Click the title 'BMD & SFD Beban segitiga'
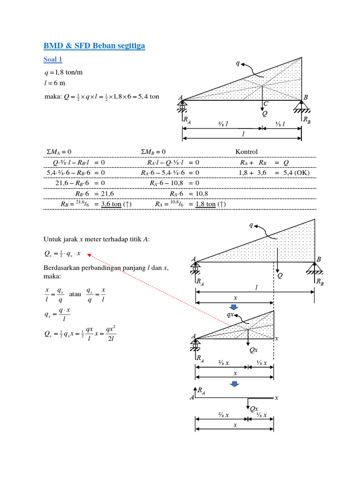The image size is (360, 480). click(95, 45)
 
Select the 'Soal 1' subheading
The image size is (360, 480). click(53, 60)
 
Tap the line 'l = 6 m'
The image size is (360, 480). click(54, 83)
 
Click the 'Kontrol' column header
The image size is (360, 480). click(247, 152)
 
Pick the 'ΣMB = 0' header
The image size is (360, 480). click(153, 152)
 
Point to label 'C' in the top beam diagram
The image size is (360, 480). click(266, 104)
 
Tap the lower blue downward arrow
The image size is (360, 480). click(234, 384)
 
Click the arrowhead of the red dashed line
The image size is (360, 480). click(89, 255)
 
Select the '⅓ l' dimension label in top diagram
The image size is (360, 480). click(281, 124)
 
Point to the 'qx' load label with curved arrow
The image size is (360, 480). click(231, 315)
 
